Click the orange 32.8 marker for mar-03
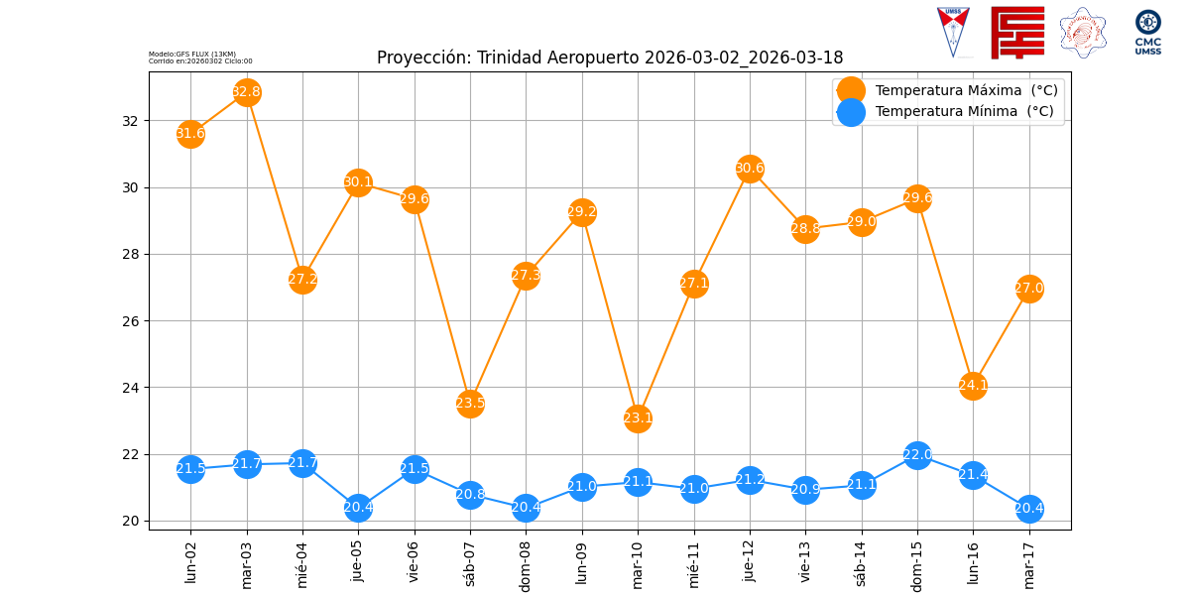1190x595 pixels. [247, 92]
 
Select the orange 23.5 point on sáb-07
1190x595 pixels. [470, 403]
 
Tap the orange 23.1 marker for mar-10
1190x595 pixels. [638, 417]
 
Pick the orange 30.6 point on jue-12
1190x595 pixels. [750, 169]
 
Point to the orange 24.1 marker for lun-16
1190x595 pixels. [973, 385]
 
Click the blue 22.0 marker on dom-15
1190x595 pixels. [917, 455]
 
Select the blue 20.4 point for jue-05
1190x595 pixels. [358, 508]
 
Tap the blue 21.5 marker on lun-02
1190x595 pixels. [190, 469]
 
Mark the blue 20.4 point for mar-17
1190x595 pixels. [1029, 509]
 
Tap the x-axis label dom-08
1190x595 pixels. [526, 565]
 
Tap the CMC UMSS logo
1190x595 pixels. [1148, 32]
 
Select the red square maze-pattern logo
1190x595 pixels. [1017, 33]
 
